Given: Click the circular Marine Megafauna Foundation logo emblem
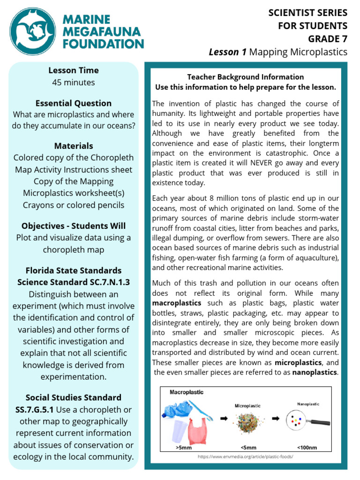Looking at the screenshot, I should [32, 30].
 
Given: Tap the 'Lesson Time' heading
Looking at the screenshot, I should [74, 70].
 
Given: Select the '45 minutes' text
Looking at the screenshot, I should [74, 82].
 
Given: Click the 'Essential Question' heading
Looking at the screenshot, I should [74, 103].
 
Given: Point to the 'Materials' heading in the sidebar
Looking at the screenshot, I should [74, 146].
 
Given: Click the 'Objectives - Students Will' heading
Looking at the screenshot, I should [74, 226].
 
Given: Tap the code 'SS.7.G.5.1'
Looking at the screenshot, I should [34, 410].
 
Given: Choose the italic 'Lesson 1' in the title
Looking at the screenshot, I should [227, 52].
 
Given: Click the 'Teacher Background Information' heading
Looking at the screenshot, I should [245, 77].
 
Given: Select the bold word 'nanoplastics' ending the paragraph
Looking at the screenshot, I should [315, 372].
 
